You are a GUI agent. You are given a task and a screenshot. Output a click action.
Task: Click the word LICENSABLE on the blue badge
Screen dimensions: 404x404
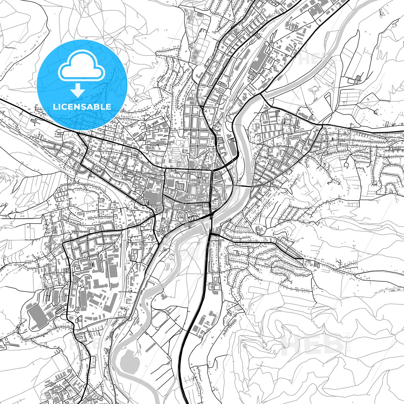click(x=82, y=107)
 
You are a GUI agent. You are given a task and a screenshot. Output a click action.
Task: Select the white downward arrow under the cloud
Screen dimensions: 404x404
click(x=78, y=91)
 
